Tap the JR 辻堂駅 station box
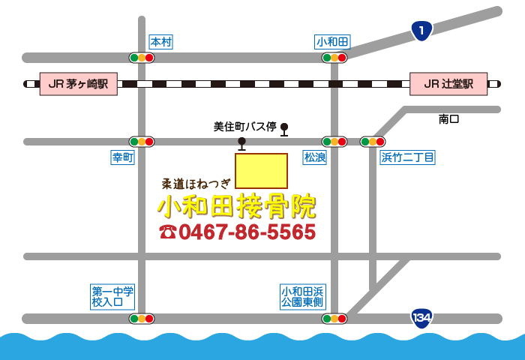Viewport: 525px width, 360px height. click(x=448, y=84)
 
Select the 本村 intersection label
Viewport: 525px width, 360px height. click(x=161, y=42)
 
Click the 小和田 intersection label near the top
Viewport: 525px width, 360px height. click(x=333, y=42)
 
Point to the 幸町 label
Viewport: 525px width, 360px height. click(x=122, y=157)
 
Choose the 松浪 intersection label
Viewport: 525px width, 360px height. click(x=314, y=157)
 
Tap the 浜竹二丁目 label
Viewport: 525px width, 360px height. click(x=408, y=157)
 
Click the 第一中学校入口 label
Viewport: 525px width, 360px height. click(x=112, y=296)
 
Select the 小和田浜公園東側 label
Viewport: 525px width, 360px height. click(x=302, y=296)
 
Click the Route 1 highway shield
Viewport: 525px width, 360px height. click(x=422, y=31)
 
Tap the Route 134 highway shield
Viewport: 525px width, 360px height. click(x=421, y=317)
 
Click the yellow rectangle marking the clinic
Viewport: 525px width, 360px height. click(x=261, y=171)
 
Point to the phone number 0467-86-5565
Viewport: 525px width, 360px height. click(x=247, y=232)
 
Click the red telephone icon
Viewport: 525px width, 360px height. click(x=167, y=232)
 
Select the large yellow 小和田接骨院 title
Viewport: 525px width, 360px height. click(x=236, y=205)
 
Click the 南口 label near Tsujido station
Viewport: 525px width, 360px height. click(x=448, y=119)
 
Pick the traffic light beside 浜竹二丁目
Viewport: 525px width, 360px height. click(x=373, y=141)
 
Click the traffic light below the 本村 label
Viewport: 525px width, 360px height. click(x=141, y=58)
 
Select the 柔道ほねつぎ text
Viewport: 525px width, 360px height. click(x=196, y=182)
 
